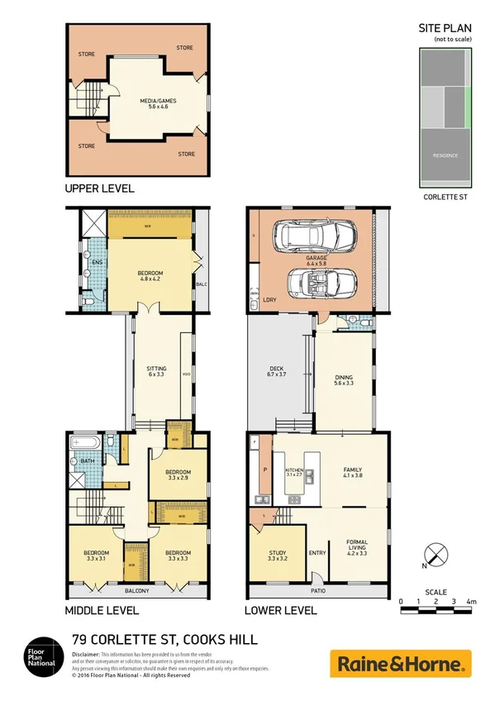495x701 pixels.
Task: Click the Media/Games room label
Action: point(139,104)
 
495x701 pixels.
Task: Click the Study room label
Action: point(277,558)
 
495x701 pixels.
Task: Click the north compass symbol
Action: point(436,555)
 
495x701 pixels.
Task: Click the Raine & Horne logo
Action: point(401,663)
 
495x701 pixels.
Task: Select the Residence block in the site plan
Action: point(445,155)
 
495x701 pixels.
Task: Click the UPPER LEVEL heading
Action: point(99,189)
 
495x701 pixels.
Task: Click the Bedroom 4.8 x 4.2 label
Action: point(150,277)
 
